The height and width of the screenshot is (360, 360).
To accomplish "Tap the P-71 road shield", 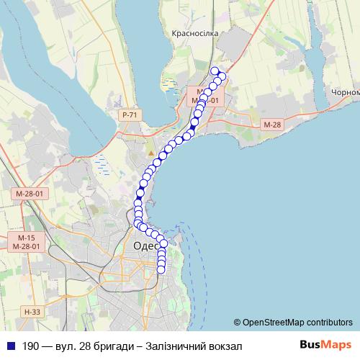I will pyautogui.click(x=130, y=114).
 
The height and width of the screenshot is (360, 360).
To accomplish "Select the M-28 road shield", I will pyautogui.click(x=271, y=125).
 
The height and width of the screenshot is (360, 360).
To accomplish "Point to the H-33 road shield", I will pyautogui.click(x=31, y=312).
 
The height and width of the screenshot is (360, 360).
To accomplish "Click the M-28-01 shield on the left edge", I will pyautogui.click(x=29, y=194).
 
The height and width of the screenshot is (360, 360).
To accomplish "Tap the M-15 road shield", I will pyautogui.click(x=27, y=238).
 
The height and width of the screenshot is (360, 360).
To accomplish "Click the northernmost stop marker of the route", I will pyautogui.click(x=215, y=71).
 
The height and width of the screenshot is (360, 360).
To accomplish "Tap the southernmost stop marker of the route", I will pyautogui.click(x=161, y=269).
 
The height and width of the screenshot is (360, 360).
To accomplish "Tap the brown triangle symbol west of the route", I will pyautogui.click(x=150, y=153).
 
